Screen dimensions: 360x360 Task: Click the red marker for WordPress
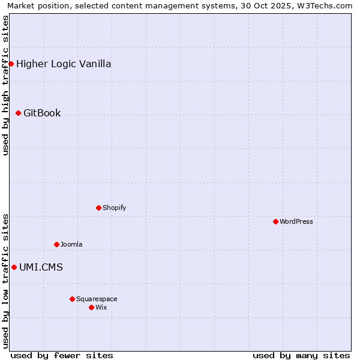click(275, 221)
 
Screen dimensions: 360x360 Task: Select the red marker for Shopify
click(98, 208)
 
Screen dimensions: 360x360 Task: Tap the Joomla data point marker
click(56, 244)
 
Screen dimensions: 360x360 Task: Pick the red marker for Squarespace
click(72, 299)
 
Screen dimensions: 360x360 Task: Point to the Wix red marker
click(91, 307)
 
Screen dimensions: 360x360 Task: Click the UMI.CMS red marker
click(14, 267)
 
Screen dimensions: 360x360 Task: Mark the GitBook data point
click(18, 113)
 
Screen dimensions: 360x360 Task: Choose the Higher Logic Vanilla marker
click(11, 64)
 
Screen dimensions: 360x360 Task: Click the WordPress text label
click(296, 221)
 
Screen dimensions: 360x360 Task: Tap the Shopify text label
click(114, 208)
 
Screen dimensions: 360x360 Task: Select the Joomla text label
click(71, 244)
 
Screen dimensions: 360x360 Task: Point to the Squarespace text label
click(97, 299)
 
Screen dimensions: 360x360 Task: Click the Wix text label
click(101, 307)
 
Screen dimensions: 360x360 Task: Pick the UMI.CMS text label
click(41, 267)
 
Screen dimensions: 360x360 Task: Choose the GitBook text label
click(42, 113)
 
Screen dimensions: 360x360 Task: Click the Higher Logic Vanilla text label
click(64, 64)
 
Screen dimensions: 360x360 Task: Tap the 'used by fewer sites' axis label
click(62, 355)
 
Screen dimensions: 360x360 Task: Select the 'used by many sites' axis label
click(301, 355)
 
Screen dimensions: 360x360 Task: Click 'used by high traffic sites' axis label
click(5, 85)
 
